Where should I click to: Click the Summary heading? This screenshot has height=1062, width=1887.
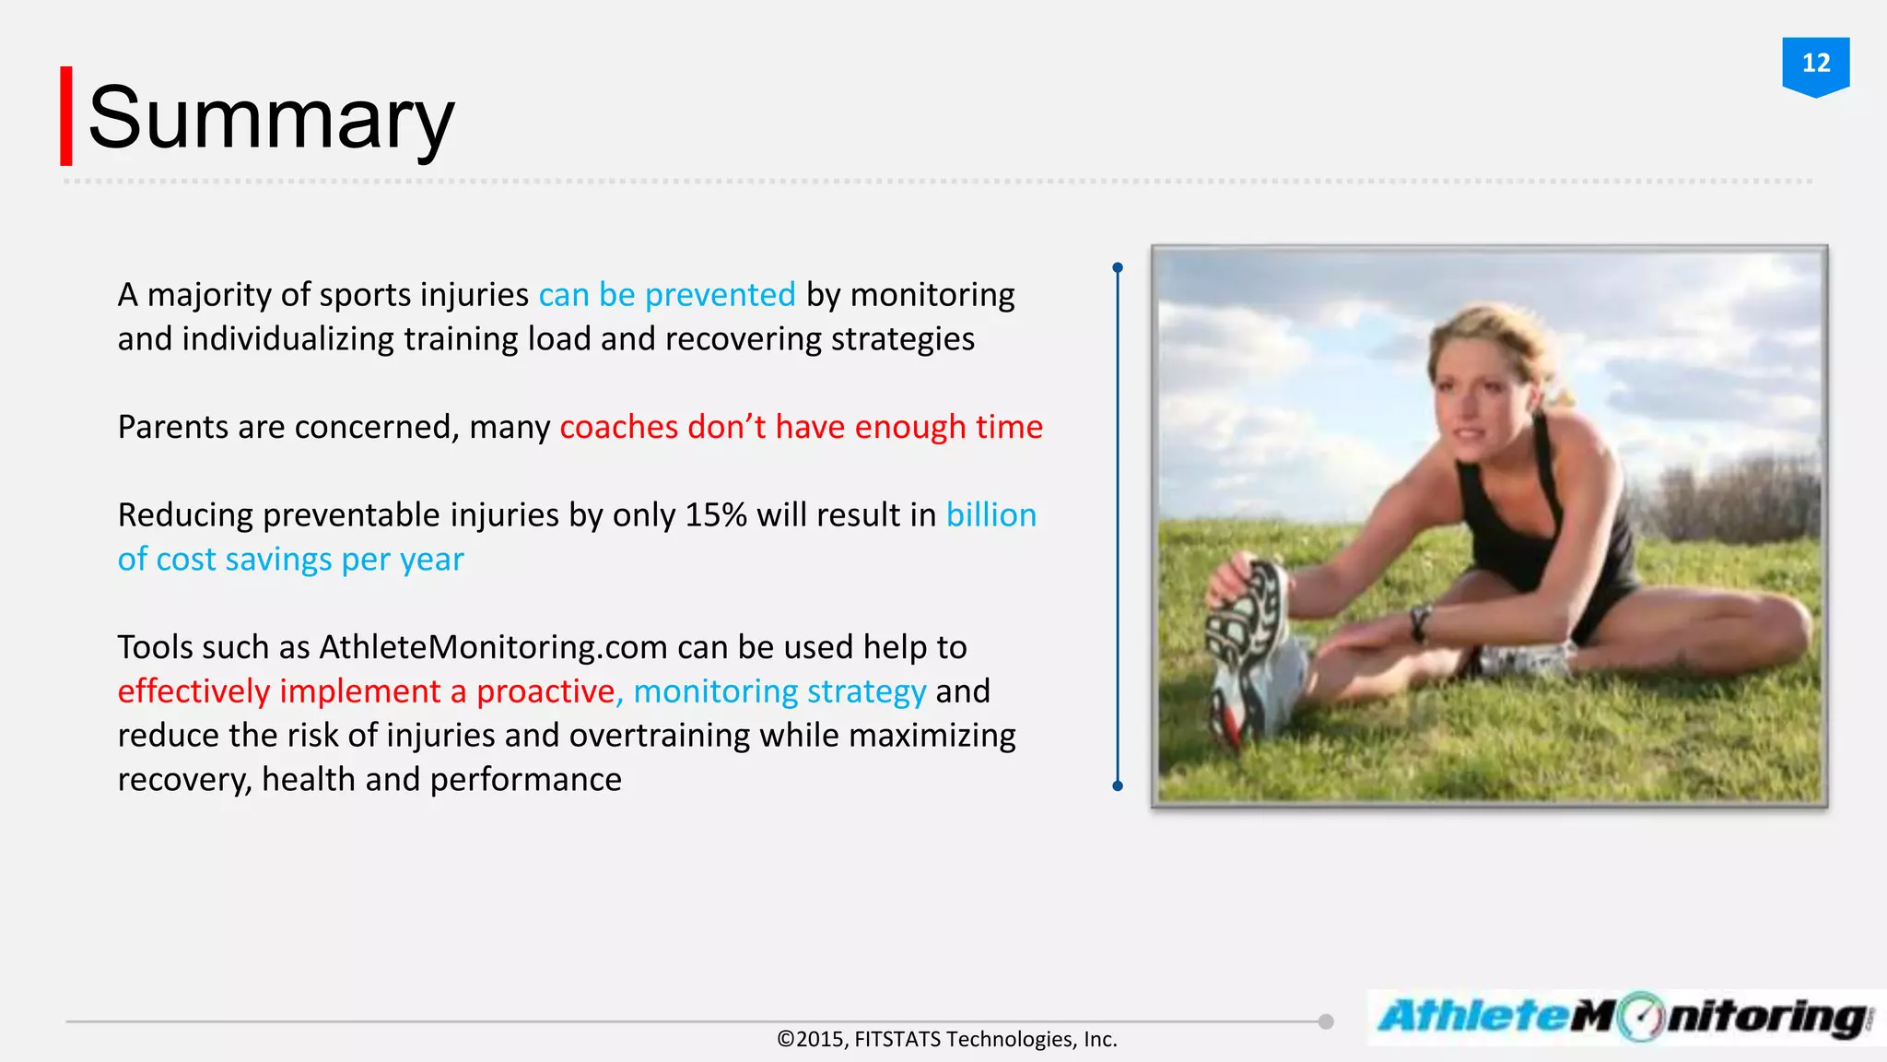[271, 118]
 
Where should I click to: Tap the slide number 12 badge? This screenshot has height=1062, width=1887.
[1815, 64]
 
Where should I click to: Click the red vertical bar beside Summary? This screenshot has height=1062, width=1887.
[66, 116]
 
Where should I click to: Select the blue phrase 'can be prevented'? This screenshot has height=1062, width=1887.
[666, 295]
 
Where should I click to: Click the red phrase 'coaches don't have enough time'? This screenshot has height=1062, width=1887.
[801, 428]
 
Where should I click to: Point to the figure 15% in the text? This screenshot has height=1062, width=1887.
[715, 515]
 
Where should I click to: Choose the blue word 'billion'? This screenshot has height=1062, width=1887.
[990, 515]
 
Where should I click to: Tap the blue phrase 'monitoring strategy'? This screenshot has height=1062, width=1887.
[779, 691]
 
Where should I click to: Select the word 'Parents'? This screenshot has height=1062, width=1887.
[172, 428]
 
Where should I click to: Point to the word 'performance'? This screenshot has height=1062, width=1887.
[525, 780]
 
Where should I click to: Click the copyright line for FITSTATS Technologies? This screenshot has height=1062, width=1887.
[946, 1040]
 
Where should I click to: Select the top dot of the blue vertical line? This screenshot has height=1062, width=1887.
[1118, 268]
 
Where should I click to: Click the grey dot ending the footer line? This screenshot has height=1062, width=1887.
[1326, 1021]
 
